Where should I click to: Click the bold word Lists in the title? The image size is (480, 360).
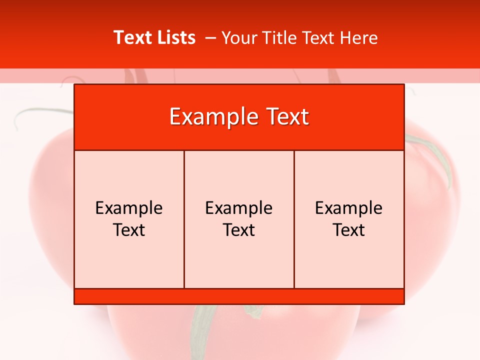coord(174,37)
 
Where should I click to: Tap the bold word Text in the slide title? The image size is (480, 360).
coord(132,37)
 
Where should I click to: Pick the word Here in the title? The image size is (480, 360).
coord(358,37)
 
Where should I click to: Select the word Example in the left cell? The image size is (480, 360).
coord(129,208)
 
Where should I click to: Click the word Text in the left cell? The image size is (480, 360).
coord(129,230)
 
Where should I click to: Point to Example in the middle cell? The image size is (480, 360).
coord(239,208)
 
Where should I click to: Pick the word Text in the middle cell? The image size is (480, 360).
coord(239,230)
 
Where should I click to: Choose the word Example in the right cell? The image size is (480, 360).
coord(349,208)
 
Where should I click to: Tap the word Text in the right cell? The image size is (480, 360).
coord(349,230)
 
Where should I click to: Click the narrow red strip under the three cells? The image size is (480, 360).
coord(239,296)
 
